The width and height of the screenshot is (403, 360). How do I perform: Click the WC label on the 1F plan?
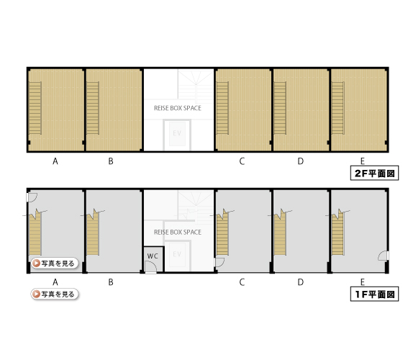[153, 256]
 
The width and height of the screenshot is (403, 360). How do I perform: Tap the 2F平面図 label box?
[374, 173]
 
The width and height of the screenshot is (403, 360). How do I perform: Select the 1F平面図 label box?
[374, 294]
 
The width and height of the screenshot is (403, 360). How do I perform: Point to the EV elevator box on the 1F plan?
[178, 256]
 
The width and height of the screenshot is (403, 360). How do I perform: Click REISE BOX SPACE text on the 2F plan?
[178, 108]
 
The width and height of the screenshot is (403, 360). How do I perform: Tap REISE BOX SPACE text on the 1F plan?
[178, 232]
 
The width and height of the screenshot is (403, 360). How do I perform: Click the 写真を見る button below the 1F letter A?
[55, 294]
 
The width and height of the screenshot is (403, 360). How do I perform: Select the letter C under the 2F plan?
[242, 161]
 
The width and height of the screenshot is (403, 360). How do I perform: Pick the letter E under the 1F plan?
[363, 282]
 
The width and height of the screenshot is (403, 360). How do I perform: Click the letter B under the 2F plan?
[111, 161]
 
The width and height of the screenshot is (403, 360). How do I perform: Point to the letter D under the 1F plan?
[301, 282]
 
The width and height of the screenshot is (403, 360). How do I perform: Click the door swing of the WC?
[151, 267]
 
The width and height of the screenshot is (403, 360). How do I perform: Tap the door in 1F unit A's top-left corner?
[32, 197]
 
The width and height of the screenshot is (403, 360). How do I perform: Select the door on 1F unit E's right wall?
[383, 256]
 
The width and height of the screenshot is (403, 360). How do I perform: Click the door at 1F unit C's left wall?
[219, 262]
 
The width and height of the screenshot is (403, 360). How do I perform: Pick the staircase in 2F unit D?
[280, 108]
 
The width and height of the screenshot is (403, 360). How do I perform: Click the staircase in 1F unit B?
[93, 232]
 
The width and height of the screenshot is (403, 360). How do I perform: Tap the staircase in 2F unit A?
[35, 108]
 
